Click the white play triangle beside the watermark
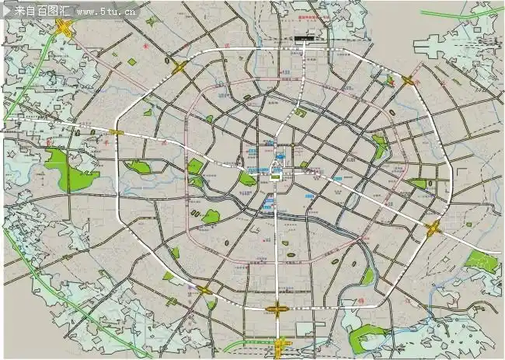coord(8,12)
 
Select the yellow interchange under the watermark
coord(64,29)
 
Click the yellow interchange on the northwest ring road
coord(179,68)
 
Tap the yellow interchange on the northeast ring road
coord(408,79)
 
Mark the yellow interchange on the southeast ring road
coord(433,227)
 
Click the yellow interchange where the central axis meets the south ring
coord(277,309)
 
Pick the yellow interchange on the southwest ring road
coord(204,290)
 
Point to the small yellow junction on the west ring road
coord(117,133)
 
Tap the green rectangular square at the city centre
coord(274,177)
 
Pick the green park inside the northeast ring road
coord(379,145)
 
